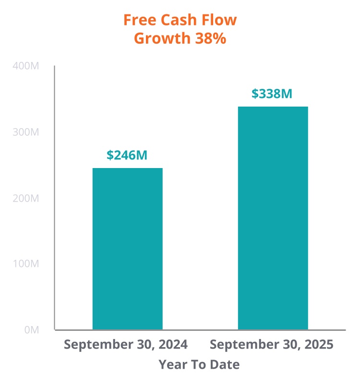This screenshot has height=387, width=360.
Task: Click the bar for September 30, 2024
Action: click(x=127, y=249)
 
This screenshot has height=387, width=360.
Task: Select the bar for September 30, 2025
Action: click(x=273, y=218)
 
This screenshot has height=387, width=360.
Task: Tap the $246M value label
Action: click(x=127, y=155)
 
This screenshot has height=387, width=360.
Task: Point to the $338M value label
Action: click(x=272, y=94)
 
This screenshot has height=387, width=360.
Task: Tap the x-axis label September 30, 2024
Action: click(x=126, y=345)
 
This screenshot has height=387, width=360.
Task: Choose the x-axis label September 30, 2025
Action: click(x=272, y=345)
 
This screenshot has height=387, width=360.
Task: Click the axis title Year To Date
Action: click(x=199, y=364)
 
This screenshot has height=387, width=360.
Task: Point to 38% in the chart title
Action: click(x=210, y=38)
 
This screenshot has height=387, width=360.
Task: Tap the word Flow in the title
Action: click(x=220, y=20)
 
